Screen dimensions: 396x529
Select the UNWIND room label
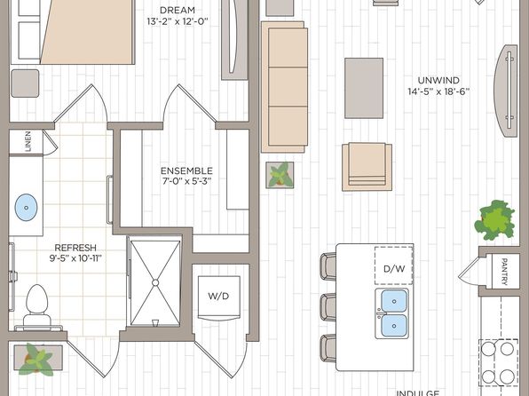point(438,78)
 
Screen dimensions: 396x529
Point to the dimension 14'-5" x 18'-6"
point(438,91)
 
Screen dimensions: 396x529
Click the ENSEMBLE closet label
point(186,170)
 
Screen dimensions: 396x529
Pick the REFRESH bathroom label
point(75,248)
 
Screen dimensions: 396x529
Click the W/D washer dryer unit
point(218,296)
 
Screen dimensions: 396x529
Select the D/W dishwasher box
point(394,268)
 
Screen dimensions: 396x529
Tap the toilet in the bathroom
point(36,303)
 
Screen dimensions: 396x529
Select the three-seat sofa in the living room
point(282,86)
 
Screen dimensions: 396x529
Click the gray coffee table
point(364,87)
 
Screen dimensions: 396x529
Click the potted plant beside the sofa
point(280,174)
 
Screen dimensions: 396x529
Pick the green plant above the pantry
point(495,218)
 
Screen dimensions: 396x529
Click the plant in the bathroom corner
point(38,360)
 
